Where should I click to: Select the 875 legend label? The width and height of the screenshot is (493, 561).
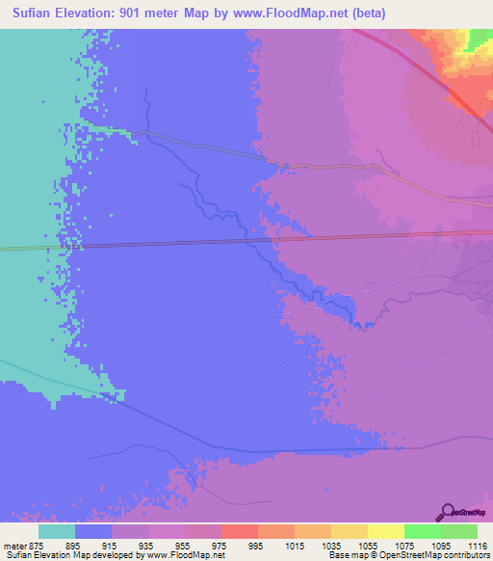pyautogui.click(x=37, y=546)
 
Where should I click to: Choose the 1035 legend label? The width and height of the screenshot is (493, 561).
pyautogui.click(x=330, y=546)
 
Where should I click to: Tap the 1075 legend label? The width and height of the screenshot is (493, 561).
pyautogui.click(x=403, y=546)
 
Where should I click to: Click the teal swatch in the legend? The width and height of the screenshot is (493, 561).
pyautogui.click(x=56, y=531)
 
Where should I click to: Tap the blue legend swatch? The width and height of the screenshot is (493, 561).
pyautogui.click(x=92, y=531)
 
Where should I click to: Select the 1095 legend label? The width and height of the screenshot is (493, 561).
pyautogui.click(x=440, y=546)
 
